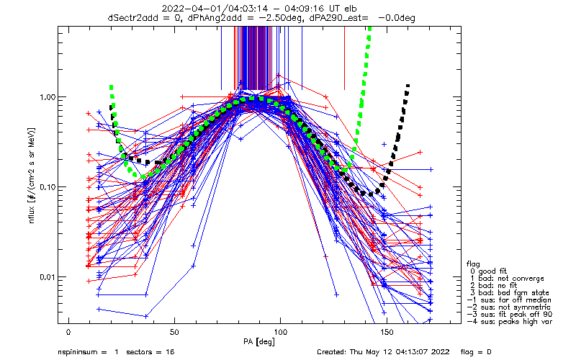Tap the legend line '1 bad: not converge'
coord(503,278)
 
